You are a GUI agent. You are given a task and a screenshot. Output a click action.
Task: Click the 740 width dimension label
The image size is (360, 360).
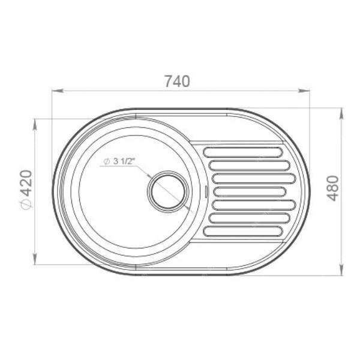(x=177, y=81)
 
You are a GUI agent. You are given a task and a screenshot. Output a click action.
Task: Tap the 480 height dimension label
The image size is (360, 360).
(x=332, y=188)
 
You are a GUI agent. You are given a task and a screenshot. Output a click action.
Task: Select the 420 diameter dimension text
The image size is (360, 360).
(x=25, y=183)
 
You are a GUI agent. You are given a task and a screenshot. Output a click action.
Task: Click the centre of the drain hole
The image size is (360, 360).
(x=168, y=192)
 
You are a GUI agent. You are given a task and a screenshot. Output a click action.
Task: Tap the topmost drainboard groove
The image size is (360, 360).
(x=243, y=152)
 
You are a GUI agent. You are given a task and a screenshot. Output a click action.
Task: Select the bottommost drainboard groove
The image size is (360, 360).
(x=243, y=231)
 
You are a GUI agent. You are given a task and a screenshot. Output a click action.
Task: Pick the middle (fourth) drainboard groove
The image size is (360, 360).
(x=250, y=192)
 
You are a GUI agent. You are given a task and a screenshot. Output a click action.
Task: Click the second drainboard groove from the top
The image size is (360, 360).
(x=250, y=166)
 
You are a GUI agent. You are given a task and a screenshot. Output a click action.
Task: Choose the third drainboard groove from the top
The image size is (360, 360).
(x=254, y=179)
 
